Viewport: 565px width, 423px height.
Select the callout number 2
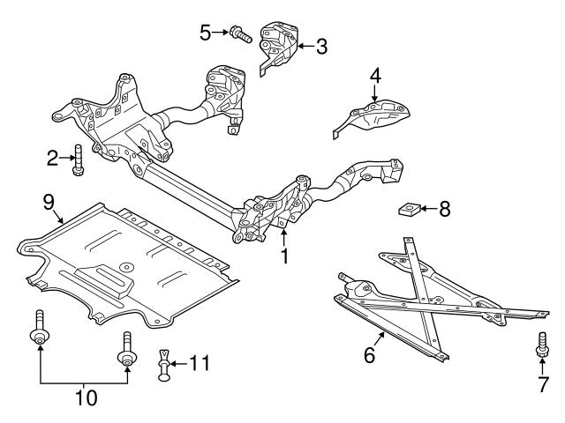[52, 159]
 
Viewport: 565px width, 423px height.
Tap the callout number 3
[321, 46]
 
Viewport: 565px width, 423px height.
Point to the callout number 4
[375, 77]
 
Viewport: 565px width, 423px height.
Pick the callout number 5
[205, 34]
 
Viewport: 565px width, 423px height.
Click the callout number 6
[369, 355]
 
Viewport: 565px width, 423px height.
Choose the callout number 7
[543, 384]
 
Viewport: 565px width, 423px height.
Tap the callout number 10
[86, 397]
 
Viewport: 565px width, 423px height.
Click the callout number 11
[202, 362]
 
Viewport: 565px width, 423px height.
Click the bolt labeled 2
[78, 159]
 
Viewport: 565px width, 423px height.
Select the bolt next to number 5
[239, 36]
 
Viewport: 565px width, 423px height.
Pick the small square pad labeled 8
[407, 210]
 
